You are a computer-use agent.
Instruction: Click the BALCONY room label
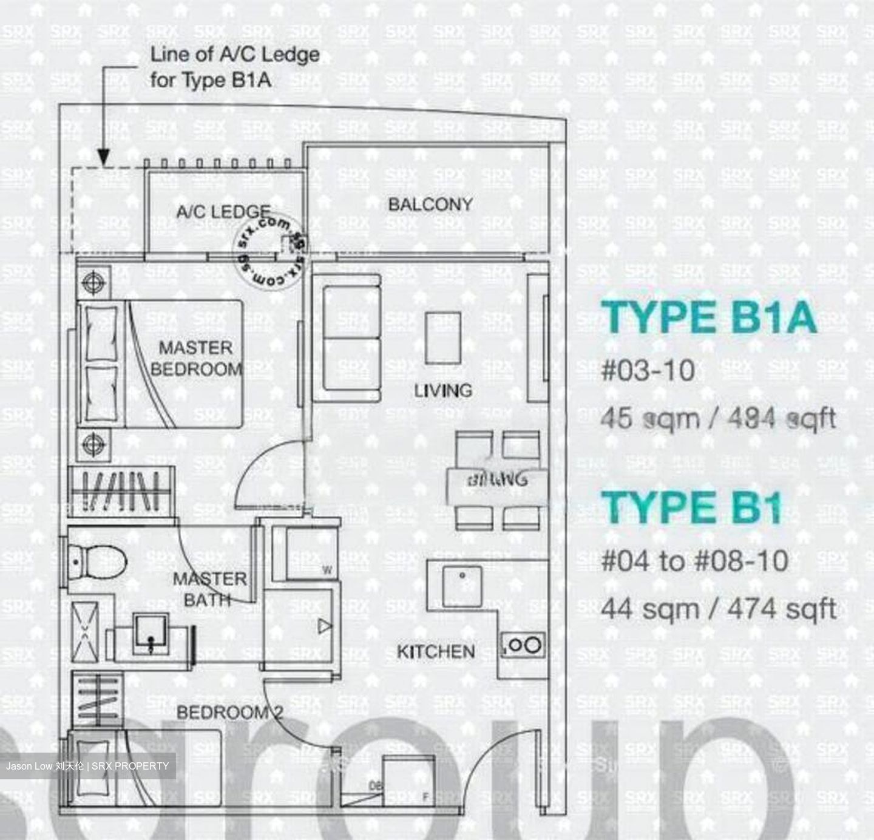tap(430, 205)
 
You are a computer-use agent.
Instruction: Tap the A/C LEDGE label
tap(223, 212)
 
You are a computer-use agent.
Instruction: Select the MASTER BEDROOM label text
tap(196, 358)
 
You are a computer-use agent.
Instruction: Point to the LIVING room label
tap(443, 390)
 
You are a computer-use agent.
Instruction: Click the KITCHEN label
tap(436, 652)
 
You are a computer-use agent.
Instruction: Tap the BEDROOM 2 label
tap(230, 712)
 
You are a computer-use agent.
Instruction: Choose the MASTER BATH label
tap(209, 589)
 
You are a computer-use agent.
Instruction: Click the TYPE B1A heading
tap(709, 317)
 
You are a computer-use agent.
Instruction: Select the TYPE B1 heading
tap(692, 507)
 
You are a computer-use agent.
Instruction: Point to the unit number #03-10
tap(648, 370)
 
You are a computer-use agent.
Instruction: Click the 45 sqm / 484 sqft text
tap(718, 418)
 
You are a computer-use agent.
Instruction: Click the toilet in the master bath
tap(97, 562)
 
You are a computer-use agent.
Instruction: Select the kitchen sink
tap(462, 586)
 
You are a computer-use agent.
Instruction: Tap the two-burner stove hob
tap(523, 645)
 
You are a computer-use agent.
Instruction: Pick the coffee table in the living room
tap(442, 338)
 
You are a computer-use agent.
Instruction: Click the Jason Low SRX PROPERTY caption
tap(88, 766)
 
